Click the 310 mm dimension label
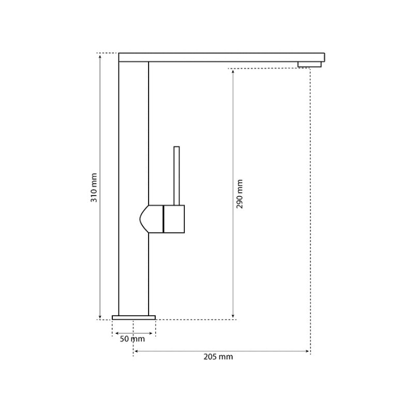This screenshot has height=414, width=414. (x=94, y=188)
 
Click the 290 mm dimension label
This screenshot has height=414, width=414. (x=240, y=194)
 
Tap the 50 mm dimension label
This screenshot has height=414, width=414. (x=132, y=339)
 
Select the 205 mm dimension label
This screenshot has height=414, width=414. (x=218, y=357)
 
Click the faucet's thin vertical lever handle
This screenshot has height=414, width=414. (x=176, y=175)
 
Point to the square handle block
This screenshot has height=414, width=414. (x=174, y=219)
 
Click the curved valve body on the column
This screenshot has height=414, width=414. (x=151, y=219)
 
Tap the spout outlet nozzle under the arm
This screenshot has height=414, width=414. (x=309, y=64)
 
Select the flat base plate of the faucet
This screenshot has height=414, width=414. (x=134, y=317)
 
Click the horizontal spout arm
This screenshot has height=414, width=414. (x=221, y=57)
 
